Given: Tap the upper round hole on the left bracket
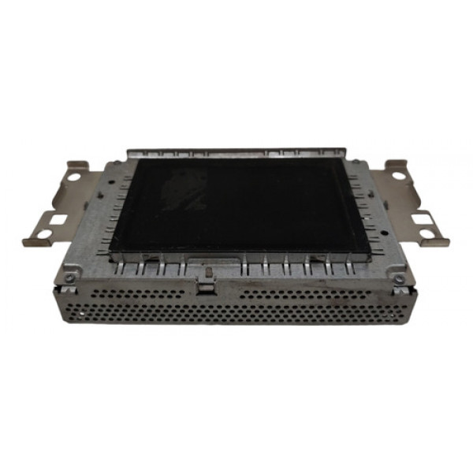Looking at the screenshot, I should (73, 177).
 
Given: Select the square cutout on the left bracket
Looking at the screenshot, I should (57, 218).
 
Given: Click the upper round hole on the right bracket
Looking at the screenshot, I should (397, 169).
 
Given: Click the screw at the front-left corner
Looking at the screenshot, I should (70, 277).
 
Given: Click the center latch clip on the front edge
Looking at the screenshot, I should (207, 275).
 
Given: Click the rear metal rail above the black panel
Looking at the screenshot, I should (236, 151).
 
